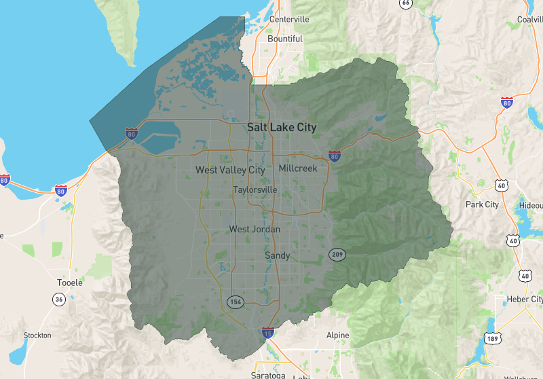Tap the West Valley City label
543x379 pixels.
pyautogui.click(x=230, y=170)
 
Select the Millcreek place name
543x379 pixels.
pyautogui.click(x=297, y=168)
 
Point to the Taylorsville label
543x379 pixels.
pyautogui.click(x=255, y=190)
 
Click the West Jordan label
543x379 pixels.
pyautogui.click(x=255, y=230)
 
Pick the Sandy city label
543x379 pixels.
pyautogui.click(x=277, y=255)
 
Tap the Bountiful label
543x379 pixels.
pyautogui.click(x=285, y=39)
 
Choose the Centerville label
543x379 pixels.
pyautogui.click(x=289, y=19)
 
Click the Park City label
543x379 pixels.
pyautogui.click(x=482, y=204)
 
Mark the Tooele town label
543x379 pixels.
pyautogui.click(x=70, y=283)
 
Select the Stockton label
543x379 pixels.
pyautogui.click(x=37, y=336)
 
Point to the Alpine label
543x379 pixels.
pyautogui.click(x=337, y=336)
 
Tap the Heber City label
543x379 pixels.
pyautogui.click(x=525, y=299)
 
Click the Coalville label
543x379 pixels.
pyautogui.click(x=529, y=19)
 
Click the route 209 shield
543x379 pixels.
pyautogui.click(x=337, y=255)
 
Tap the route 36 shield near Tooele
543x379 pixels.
pyautogui.click(x=60, y=299)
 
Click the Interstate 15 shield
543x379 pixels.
pyautogui.click(x=269, y=333)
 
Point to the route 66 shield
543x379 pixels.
pyautogui.click(x=406, y=3)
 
